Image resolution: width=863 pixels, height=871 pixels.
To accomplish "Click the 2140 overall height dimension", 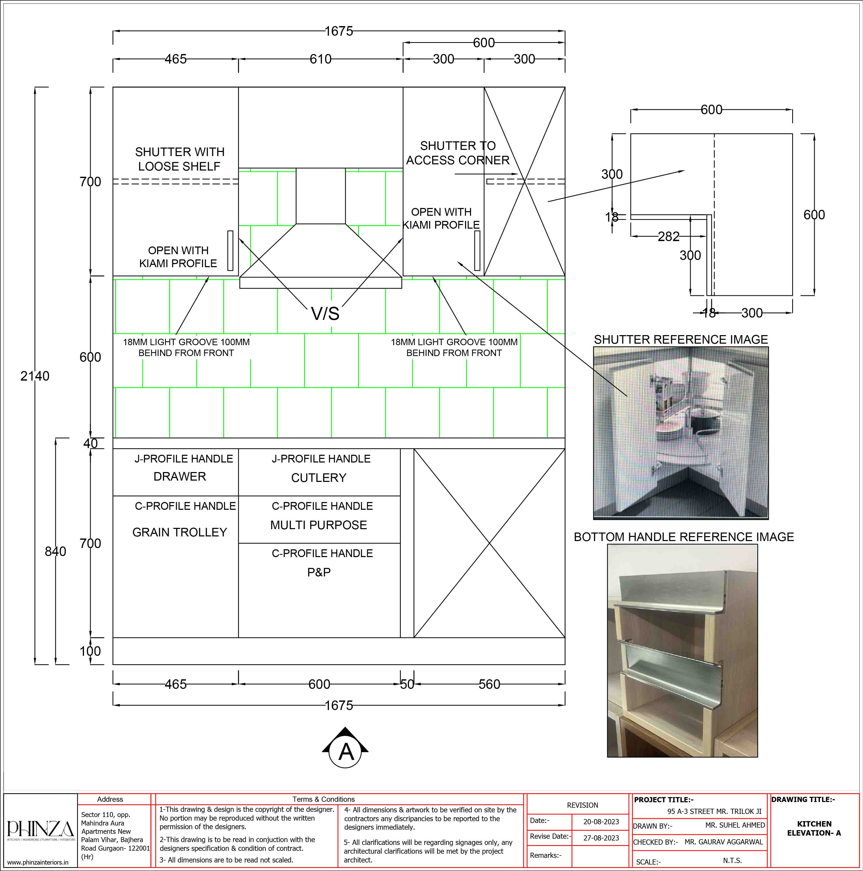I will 35,376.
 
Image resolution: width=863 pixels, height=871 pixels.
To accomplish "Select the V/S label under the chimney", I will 325,314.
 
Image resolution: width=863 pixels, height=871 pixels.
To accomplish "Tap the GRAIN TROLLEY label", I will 180,533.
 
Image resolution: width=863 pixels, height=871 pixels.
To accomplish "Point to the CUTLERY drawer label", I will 319,478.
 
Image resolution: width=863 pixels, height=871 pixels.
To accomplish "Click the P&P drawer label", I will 319,573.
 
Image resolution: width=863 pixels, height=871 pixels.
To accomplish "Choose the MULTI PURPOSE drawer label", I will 319,525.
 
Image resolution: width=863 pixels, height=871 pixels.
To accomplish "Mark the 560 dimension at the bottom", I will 489,684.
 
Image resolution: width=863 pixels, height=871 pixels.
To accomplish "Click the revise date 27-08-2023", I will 601,838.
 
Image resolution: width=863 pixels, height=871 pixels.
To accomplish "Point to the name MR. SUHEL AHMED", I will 735,825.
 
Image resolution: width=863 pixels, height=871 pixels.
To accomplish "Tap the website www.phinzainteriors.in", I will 38,862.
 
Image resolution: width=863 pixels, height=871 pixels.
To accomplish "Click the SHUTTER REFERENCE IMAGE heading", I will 681,340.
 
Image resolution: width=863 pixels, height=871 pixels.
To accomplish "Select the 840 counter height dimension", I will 56,551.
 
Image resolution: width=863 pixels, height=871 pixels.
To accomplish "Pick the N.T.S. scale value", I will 732,861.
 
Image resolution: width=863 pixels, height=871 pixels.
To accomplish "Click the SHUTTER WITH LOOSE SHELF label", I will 180,159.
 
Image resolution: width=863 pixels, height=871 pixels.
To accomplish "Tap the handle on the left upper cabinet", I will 230,251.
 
